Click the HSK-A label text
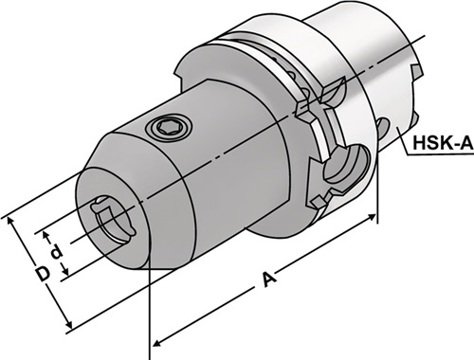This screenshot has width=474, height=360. tap(443, 143)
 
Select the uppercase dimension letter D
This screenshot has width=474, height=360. tap(43, 274)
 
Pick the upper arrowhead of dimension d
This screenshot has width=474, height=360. tap(46, 235)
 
